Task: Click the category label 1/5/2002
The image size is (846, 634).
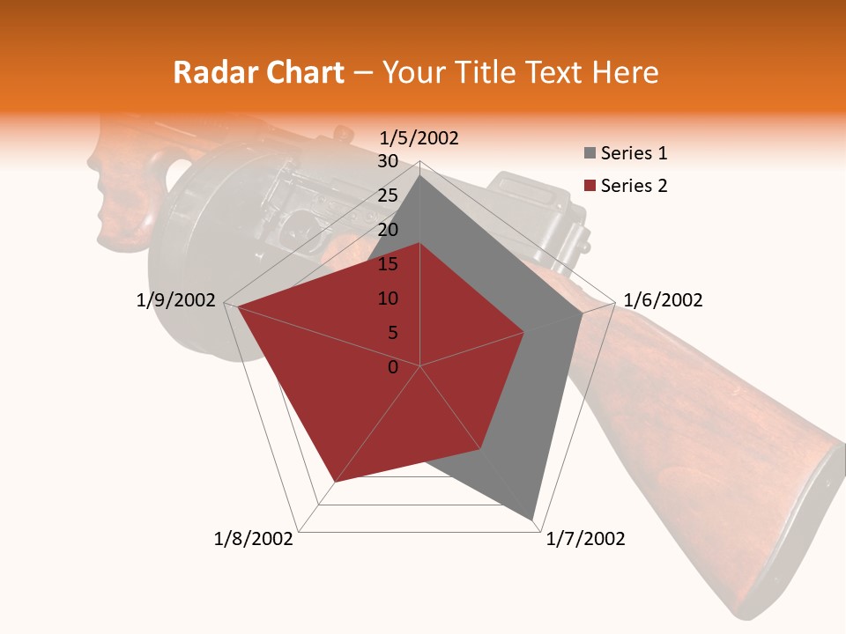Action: [x=419, y=138]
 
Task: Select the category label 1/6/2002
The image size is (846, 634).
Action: [x=663, y=300]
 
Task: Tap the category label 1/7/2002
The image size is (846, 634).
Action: [x=585, y=539]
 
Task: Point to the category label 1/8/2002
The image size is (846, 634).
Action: [x=253, y=539]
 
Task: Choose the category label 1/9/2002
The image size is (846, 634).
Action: [x=176, y=300]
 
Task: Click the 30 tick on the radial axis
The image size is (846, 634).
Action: [x=388, y=161]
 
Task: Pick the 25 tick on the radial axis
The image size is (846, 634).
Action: [x=388, y=195]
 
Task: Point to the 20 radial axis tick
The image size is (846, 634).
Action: [x=388, y=230]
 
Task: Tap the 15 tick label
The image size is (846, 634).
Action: [x=388, y=264]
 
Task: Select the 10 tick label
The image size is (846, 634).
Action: [x=388, y=299]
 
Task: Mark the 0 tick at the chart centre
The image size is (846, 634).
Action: [x=393, y=367]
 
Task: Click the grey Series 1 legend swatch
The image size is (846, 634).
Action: [x=590, y=154]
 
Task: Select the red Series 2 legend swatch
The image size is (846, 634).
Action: [x=590, y=187]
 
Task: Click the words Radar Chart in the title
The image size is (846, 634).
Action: [x=258, y=73]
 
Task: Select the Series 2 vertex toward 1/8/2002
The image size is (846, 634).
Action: [x=335, y=482]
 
